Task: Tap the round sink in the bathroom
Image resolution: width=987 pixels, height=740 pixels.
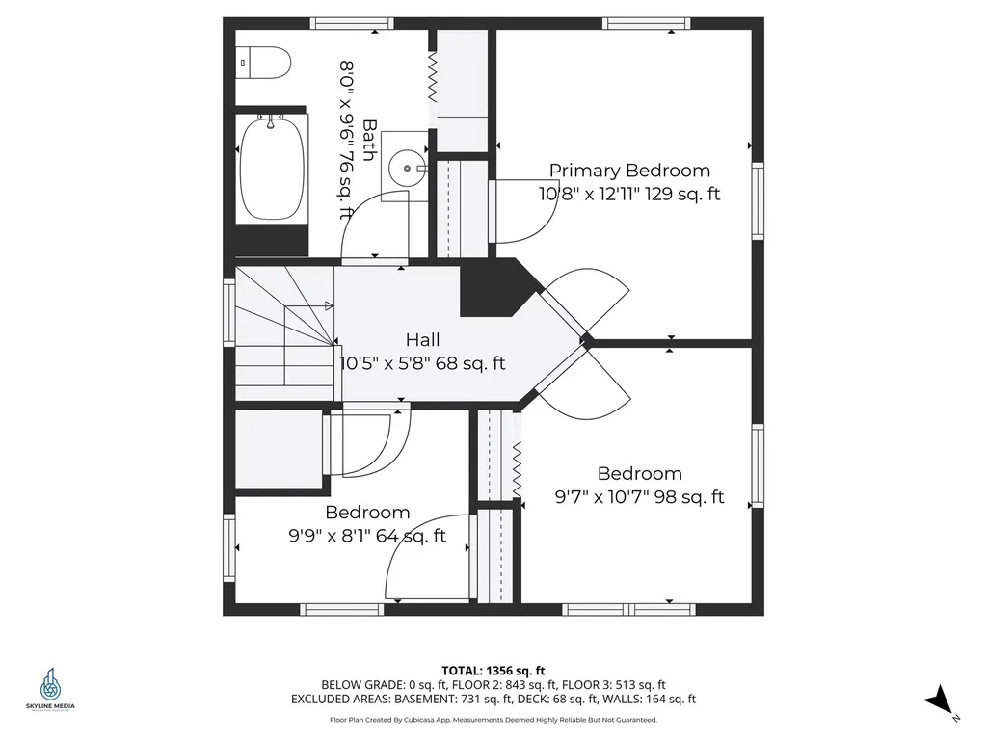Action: point(409,168)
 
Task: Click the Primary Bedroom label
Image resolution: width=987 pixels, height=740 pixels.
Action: point(629,171)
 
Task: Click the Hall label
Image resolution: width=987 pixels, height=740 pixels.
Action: point(422,340)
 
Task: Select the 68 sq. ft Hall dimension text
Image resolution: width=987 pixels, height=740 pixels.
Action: point(422,364)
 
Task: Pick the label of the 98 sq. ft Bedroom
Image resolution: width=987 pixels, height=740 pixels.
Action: point(639,474)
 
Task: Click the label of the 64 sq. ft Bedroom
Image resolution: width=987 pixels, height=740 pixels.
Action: point(367,513)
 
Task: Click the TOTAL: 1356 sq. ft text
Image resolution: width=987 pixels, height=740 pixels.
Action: point(493,671)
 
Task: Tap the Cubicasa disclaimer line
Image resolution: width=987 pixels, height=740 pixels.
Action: point(493,720)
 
